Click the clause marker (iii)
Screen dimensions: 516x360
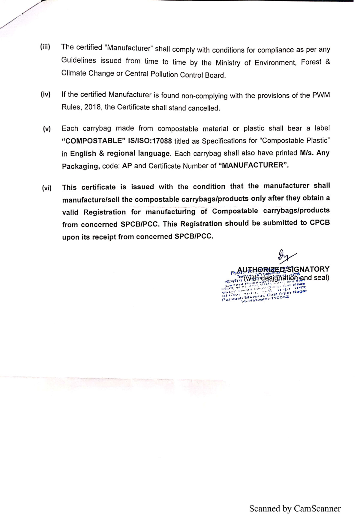45,47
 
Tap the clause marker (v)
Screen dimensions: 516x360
46,129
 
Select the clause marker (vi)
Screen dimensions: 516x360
46,188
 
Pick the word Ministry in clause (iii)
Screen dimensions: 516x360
228,63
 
